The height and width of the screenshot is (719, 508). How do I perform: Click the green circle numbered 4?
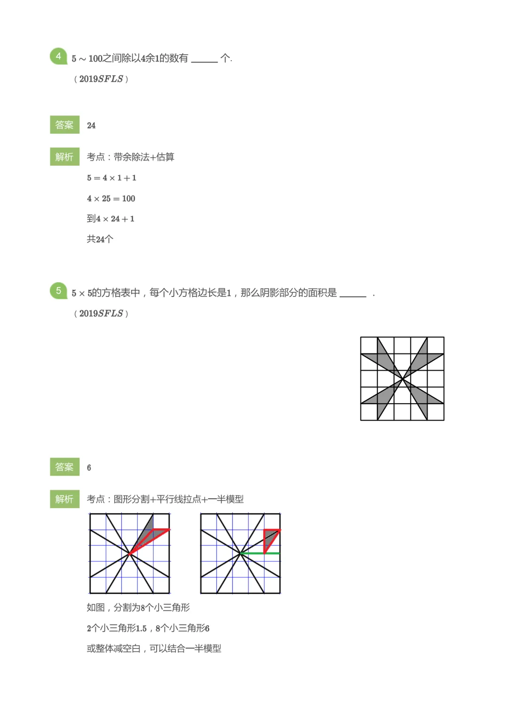(x=58, y=56)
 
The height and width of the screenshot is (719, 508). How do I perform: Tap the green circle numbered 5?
(x=58, y=290)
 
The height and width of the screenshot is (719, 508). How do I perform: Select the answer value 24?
(x=91, y=125)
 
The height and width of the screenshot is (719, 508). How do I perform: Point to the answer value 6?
(x=89, y=467)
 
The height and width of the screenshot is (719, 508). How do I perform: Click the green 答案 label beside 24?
(x=64, y=125)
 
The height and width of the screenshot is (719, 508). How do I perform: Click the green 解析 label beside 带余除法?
(x=64, y=156)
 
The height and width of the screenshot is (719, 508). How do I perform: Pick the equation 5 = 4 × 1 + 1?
(x=111, y=177)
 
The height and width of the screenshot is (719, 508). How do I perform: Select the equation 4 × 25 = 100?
(x=111, y=198)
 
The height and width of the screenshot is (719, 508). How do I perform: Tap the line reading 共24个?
(x=100, y=239)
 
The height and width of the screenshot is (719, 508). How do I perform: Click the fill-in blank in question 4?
(x=204, y=59)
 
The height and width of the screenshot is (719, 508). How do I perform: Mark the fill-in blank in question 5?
(x=352, y=294)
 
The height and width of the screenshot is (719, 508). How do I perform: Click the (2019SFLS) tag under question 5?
(x=101, y=313)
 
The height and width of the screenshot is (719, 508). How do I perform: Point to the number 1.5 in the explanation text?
(x=141, y=628)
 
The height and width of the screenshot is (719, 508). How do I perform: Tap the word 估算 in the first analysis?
(x=165, y=157)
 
